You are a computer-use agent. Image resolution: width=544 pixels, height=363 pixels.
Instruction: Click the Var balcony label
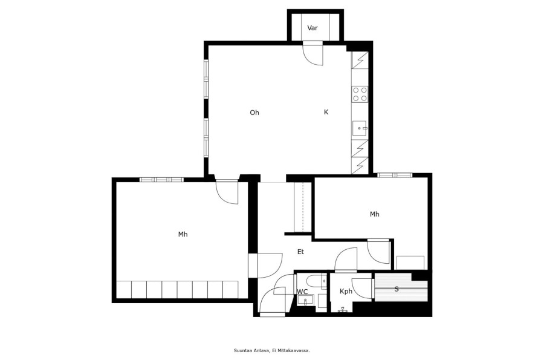tap(312, 28)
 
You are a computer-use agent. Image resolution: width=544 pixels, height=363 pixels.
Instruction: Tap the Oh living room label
tap(254, 113)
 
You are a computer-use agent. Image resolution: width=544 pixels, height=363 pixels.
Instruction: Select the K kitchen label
tap(326, 112)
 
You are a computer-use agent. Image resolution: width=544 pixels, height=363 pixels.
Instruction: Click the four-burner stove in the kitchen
tap(360, 94)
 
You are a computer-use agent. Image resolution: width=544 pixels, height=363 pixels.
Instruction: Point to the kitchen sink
tap(360, 128)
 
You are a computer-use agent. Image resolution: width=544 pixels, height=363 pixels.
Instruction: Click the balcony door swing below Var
tap(312, 53)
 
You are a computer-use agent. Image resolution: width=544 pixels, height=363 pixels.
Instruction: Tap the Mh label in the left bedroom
tap(183, 235)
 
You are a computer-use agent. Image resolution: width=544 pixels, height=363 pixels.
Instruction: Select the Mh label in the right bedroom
tap(374, 214)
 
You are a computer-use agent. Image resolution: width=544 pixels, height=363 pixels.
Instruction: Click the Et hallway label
tap(300, 252)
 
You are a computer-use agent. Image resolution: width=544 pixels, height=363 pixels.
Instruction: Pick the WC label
tap(302, 292)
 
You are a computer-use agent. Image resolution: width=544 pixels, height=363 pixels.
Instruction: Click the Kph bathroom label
tap(346, 292)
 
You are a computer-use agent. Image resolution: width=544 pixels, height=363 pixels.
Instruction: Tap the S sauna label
tap(397, 289)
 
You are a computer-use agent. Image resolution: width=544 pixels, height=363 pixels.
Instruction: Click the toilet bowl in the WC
tap(315, 280)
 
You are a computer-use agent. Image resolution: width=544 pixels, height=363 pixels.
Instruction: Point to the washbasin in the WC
tap(305, 300)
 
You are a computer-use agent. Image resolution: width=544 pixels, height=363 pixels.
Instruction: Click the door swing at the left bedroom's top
tap(227, 192)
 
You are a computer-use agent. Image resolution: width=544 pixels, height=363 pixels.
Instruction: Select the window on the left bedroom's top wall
tap(161, 180)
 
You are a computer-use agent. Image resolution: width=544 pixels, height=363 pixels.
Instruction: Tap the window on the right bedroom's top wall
tap(395, 175)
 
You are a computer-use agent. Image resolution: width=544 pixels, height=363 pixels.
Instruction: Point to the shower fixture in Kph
tap(343, 310)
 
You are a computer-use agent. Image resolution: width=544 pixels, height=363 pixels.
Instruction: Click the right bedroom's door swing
tap(378, 252)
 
